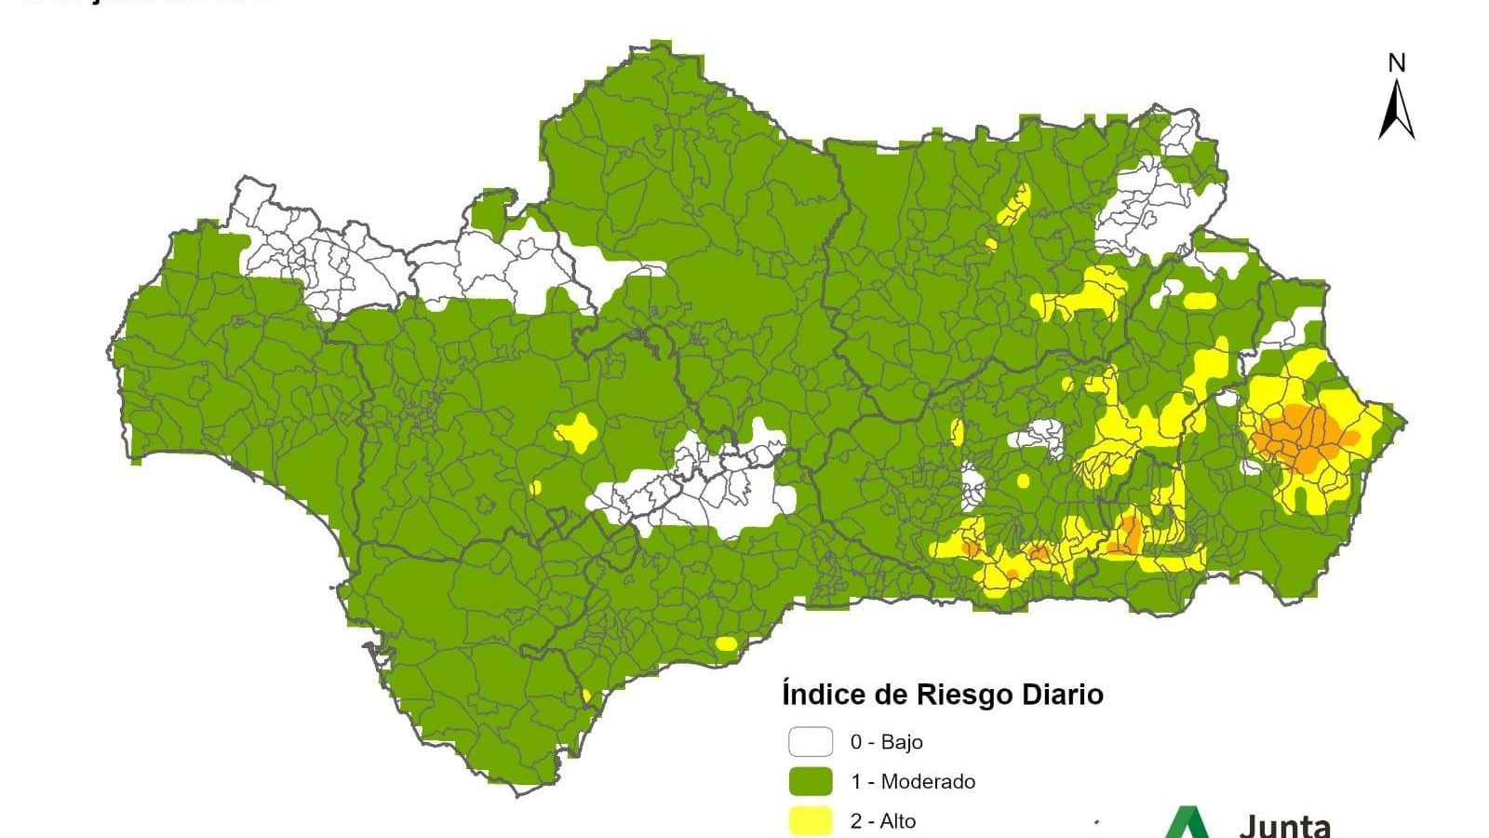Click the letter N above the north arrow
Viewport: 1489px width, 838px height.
[1396, 63]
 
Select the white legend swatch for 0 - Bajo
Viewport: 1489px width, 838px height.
[811, 742]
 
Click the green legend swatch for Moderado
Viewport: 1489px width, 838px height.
[811, 781]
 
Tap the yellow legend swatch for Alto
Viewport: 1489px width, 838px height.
[811, 821]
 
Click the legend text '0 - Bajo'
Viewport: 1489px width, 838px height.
[886, 742]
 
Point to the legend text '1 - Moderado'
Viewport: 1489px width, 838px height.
[912, 781]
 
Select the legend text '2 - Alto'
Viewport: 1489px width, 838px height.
[882, 821]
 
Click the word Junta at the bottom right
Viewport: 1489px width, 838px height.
[1284, 825]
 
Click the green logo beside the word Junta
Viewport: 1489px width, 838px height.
[1187, 823]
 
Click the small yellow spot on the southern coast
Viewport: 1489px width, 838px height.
[726, 643]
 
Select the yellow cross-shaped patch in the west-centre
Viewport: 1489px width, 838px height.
[577, 432]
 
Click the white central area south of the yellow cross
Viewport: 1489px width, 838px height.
[698, 493]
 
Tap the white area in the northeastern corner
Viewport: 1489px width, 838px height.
[1149, 209]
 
